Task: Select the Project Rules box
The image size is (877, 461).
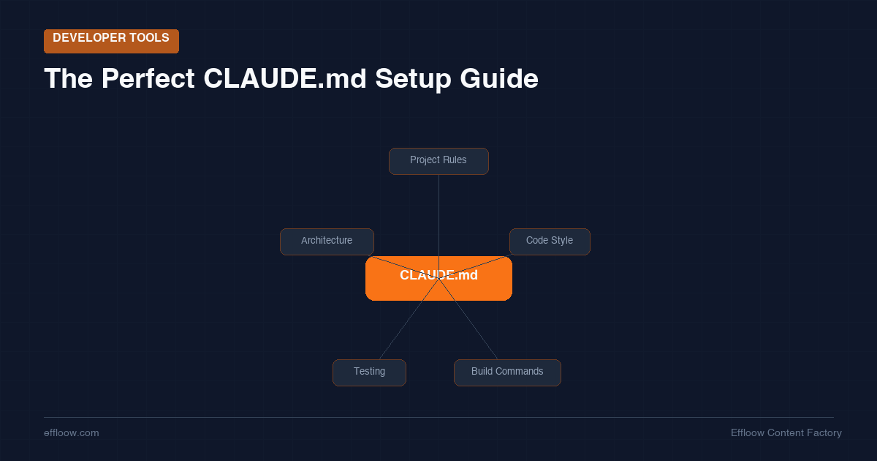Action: click(438, 161)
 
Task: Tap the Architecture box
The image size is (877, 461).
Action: click(327, 241)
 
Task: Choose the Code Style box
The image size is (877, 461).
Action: click(550, 241)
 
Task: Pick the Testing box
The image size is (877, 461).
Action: click(369, 372)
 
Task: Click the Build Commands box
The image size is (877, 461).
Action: click(507, 372)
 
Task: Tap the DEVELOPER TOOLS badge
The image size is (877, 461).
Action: click(111, 41)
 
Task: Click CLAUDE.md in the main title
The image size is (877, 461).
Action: click(285, 79)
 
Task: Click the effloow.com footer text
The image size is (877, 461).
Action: click(72, 433)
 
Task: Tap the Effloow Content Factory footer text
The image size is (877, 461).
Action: click(786, 433)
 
